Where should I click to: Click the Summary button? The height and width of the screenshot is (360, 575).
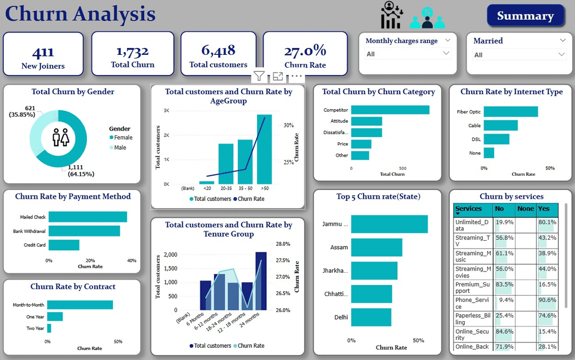pos(525,16)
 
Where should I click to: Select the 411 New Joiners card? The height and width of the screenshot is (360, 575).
pos(43,54)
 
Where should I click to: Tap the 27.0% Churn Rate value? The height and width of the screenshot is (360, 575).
pos(305,50)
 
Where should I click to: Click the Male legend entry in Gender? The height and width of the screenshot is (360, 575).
pos(120,148)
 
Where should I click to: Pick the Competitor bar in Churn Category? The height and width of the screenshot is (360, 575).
pos(390,110)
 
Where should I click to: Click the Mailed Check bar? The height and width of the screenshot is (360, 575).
pos(87,217)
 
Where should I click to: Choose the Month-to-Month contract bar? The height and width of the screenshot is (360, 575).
pos(80,305)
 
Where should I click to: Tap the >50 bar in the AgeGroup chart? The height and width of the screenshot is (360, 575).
pos(264,149)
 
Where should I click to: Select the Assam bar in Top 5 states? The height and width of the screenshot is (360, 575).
pos(376,248)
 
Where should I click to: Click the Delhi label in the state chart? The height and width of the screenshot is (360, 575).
pos(341,317)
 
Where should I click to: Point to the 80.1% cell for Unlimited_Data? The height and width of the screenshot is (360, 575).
pos(547,222)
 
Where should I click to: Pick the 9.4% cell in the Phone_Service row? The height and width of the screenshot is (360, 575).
pos(504,300)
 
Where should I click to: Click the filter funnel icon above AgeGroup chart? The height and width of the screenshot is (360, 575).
pos(259,76)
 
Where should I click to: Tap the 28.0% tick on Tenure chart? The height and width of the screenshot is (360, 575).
pos(283,244)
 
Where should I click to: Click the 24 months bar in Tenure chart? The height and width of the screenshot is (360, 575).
pos(261,281)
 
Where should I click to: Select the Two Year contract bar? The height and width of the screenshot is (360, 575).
pos(49,328)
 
